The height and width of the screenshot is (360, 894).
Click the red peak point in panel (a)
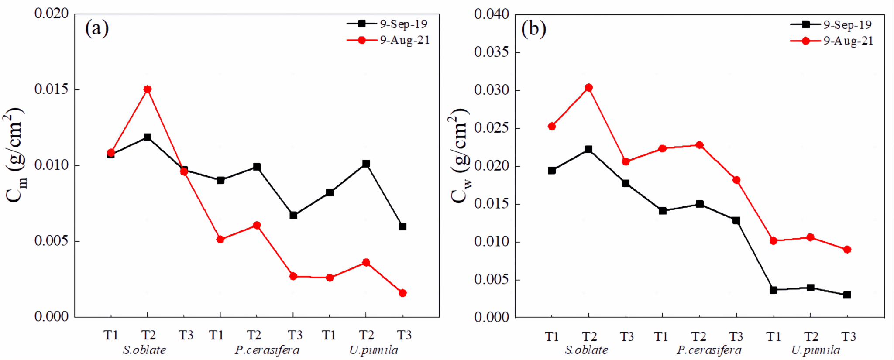pyautogui.click(x=148, y=89)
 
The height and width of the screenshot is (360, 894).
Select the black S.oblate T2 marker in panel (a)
pyautogui.click(x=148, y=137)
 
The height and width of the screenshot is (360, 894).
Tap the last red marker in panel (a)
pyautogui.click(x=402, y=293)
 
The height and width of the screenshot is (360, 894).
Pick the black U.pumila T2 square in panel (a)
pyautogui.click(x=366, y=164)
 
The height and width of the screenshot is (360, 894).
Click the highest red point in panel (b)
pyautogui.click(x=588, y=88)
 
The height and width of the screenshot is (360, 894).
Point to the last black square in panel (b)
pyautogui.click(x=847, y=295)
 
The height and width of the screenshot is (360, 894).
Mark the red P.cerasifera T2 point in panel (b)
pyautogui.click(x=699, y=145)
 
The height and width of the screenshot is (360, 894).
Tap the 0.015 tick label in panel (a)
pyautogui.click(x=52, y=89)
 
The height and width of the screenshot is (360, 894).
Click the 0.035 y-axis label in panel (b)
pyautogui.click(x=492, y=52)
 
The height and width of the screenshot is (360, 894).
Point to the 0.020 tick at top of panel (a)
pyautogui.click(x=52, y=14)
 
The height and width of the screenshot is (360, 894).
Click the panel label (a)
pyautogui.click(x=97, y=28)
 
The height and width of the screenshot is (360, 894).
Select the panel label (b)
pyautogui.click(x=533, y=29)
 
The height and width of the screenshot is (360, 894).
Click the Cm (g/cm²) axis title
pyautogui.click(x=16, y=155)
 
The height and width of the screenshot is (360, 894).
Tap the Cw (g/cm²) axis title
pyautogui.click(x=460, y=156)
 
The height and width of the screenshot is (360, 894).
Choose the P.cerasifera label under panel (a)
pyautogui.click(x=267, y=350)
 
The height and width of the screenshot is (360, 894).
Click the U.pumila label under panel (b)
pyautogui.click(x=816, y=350)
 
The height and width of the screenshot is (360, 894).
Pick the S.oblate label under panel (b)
pyautogui.click(x=586, y=350)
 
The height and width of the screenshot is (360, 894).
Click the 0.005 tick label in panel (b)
pyautogui.click(x=492, y=279)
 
